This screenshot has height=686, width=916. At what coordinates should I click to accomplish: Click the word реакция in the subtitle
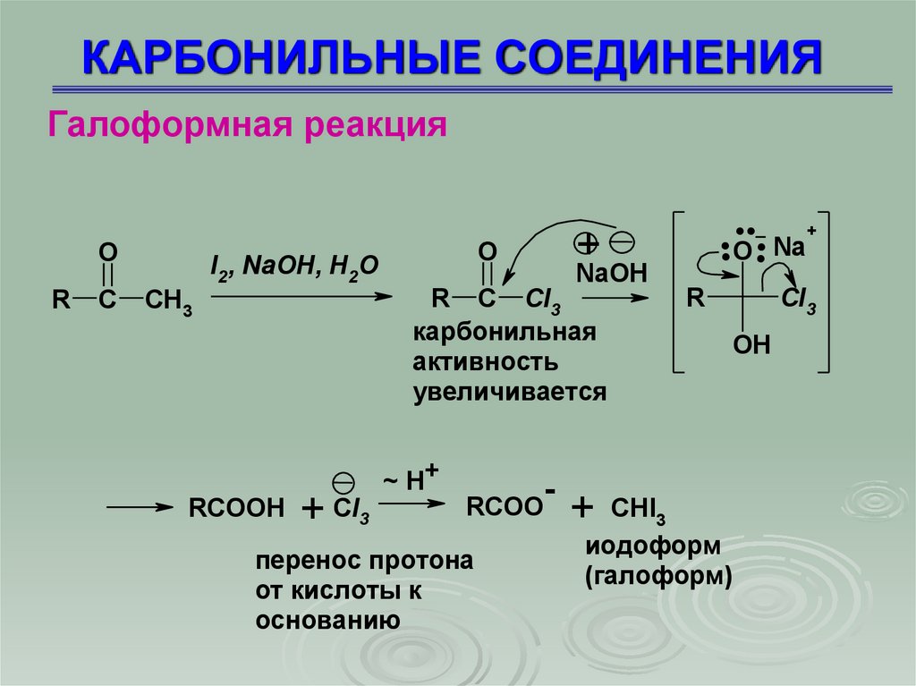pos(372,123)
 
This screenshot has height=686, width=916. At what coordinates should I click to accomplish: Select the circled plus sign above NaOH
pos(585,243)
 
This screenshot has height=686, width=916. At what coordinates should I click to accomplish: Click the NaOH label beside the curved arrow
pos(611,273)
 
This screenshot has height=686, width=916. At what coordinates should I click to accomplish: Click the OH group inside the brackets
pos(751,344)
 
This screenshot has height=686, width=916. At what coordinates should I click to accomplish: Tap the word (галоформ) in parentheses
pos(659,576)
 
